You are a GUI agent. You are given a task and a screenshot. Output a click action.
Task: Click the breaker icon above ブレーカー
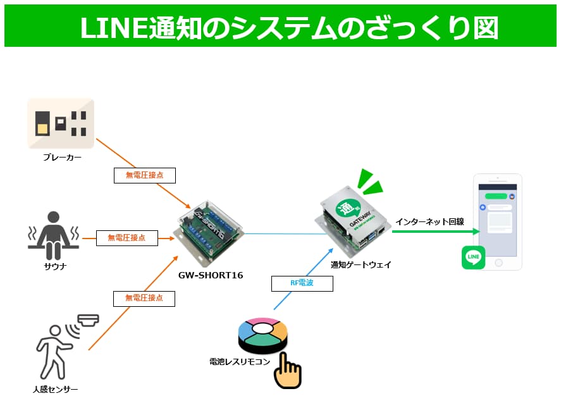(61, 123)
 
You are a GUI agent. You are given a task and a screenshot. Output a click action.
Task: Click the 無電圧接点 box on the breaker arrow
(144, 175)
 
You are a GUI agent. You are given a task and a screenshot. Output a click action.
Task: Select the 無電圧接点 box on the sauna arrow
(126, 238)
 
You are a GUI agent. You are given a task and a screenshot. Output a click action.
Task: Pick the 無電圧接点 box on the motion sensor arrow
(144, 297)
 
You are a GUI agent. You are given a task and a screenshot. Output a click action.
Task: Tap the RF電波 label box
(302, 283)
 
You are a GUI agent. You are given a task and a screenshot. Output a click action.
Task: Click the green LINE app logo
(474, 257)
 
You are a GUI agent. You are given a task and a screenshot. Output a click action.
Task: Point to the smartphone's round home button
(498, 263)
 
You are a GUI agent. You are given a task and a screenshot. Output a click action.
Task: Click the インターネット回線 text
(429, 221)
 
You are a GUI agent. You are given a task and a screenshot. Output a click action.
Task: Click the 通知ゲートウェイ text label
(361, 265)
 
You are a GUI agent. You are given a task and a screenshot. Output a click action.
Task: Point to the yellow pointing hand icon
(288, 373)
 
